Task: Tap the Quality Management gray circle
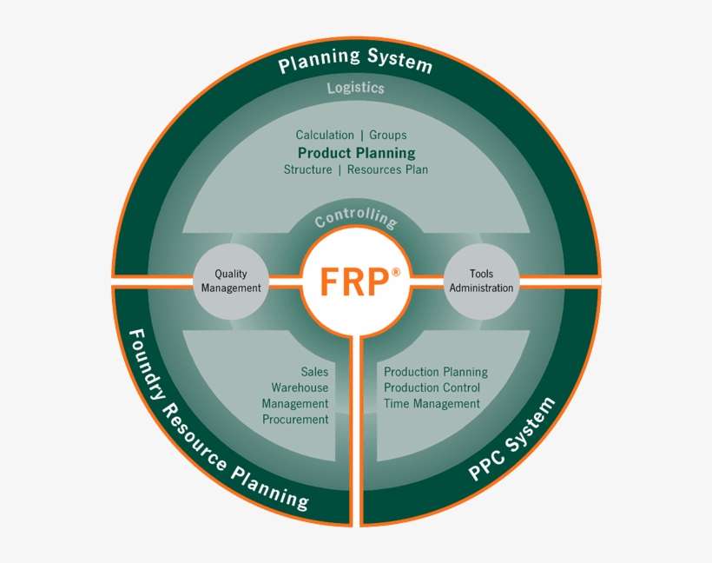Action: [231, 281]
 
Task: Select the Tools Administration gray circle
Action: [481, 281]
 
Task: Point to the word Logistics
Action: [356, 88]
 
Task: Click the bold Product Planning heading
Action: [356, 153]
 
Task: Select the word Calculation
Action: [325, 135]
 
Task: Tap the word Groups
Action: [387, 135]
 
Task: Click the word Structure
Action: [307, 169]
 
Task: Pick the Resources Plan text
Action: [387, 169]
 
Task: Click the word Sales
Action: [314, 371]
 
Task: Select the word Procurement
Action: [295, 420]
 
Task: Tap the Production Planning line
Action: [436, 372]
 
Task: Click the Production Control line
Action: [432, 387]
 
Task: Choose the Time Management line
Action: [432, 403]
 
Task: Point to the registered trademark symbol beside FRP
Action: [396, 271]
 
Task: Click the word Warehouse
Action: [300, 387]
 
